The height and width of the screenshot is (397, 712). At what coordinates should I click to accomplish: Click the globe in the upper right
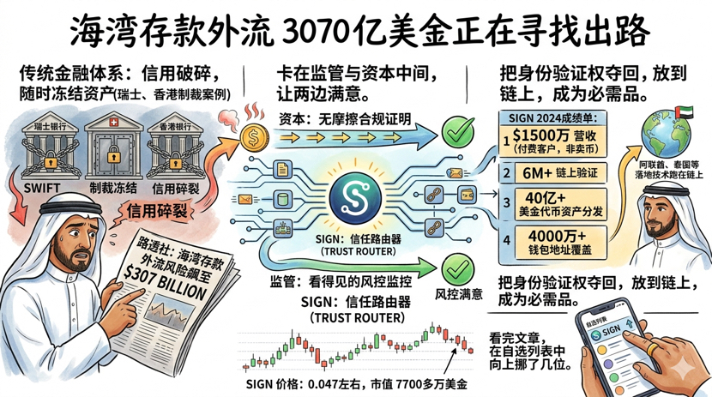pos(667,135)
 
